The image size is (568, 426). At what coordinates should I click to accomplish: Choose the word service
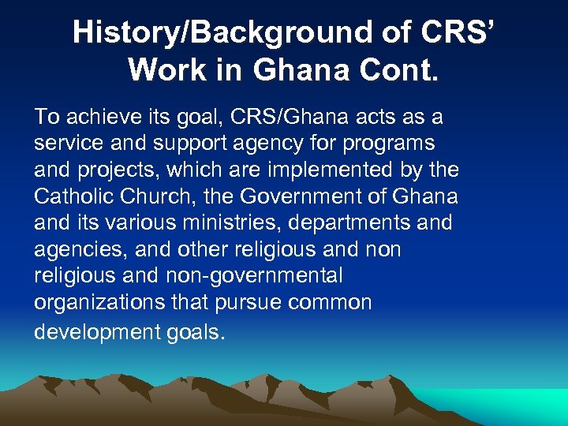click(68, 144)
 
